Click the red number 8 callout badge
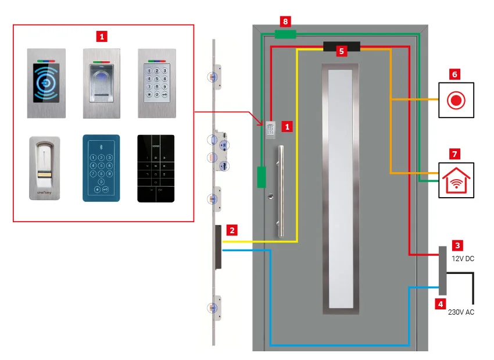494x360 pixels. click(285, 22)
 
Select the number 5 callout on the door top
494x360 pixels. click(342, 51)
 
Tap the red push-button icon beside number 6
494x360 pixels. click(456, 99)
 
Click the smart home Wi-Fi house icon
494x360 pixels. click(456, 177)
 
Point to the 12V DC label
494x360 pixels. click(463, 258)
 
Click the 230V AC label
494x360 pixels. click(461, 312)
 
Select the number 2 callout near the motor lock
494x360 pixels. click(232, 230)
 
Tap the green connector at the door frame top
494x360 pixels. click(285, 34)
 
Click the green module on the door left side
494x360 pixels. click(262, 177)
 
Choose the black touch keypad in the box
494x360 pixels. click(155, 169)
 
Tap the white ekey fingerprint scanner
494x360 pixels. click(44, 168)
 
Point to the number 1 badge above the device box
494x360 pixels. click(102, 36)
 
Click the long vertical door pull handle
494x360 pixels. click(281, 192)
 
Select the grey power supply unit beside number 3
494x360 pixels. click(442, 270)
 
